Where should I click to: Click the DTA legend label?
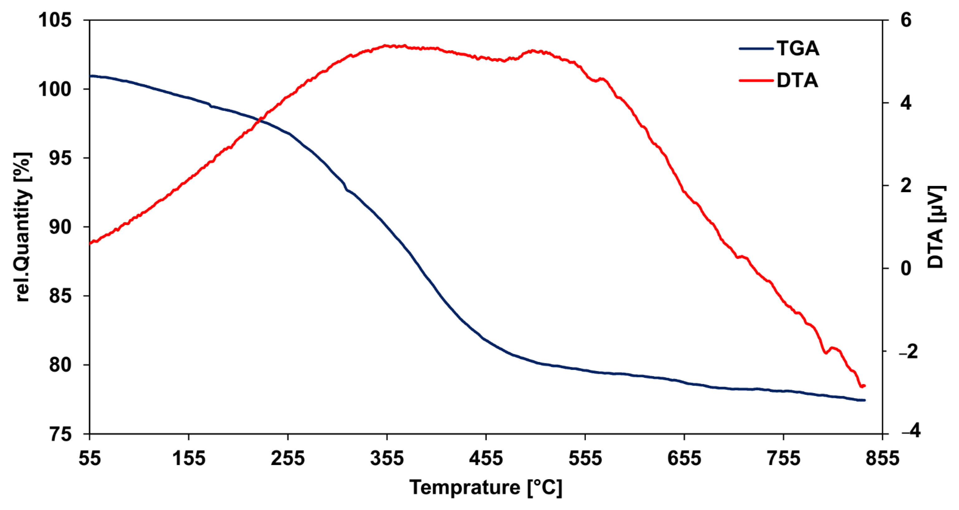797,80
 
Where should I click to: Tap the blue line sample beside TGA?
756,49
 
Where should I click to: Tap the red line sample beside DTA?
756,80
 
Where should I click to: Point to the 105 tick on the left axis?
55,20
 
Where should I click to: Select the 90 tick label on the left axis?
60,227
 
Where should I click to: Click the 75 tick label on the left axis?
60,434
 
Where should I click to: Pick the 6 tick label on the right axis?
905,20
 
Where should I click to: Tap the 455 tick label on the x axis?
486,458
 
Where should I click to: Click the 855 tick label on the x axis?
882,458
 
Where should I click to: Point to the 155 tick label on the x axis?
189,458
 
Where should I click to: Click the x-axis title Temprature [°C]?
486,487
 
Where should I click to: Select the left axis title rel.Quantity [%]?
23,227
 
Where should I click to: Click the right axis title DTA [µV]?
936,227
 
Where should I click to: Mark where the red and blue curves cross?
261,121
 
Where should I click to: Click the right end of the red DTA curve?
865,386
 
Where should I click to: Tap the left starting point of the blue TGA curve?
90,76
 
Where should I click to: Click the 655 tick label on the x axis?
684,458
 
